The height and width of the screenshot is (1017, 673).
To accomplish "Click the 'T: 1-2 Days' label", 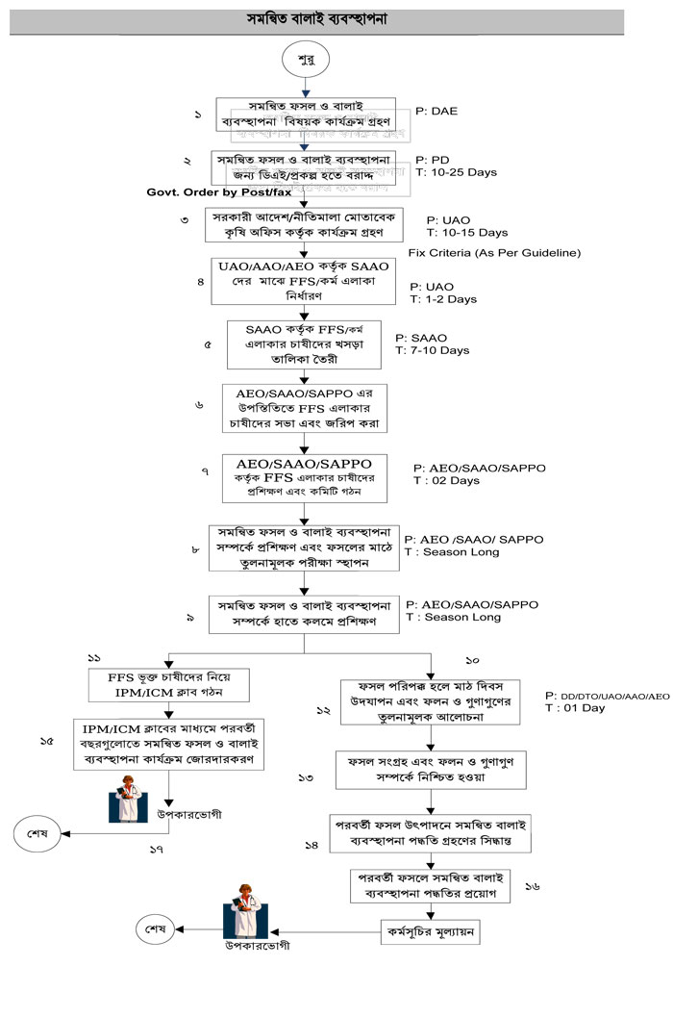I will [x=443, y=299].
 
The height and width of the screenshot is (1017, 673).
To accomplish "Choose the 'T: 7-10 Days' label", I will [x=433, y=350].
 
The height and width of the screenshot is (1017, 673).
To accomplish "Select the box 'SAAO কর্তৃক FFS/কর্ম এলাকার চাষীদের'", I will [x=304, y=343].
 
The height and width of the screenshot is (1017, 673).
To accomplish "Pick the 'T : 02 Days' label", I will [x=446, y=480].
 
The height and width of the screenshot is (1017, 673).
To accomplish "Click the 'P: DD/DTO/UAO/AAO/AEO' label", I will [x=607, y=695].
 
